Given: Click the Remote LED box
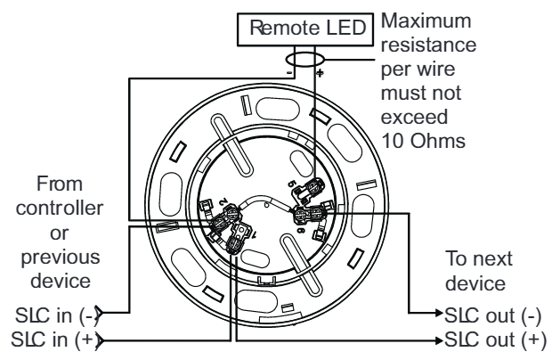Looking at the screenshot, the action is [305, 29].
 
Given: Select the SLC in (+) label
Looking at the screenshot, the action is [54, 340].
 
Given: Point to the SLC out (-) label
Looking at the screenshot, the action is [493, 315].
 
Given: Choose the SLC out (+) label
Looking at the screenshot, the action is [496, 340].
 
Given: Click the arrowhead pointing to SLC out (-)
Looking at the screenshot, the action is [439, 313].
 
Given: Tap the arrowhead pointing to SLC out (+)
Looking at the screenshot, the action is [439, 340].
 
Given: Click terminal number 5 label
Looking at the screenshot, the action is [292, 184].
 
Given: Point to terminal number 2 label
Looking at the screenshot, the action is [223, 202].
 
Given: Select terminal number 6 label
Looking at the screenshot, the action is [300, 230].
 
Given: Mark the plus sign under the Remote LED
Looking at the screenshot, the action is [320, 73].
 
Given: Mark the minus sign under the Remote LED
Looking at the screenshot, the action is [289, 73].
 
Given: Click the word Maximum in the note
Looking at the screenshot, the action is [426, 20].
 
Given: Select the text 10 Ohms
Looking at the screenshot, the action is [423, 141].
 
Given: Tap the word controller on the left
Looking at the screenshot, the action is [60, 208].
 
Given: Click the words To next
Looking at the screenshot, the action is [478, 258].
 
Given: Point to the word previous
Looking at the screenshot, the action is [61, 258].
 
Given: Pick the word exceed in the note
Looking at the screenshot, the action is [414, 117].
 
